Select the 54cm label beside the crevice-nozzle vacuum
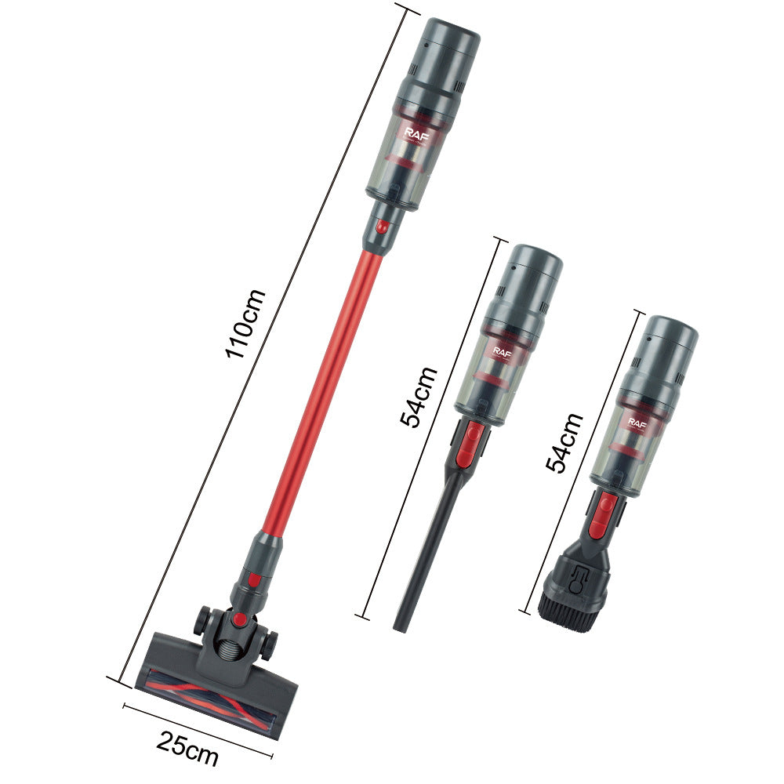pyautogui.click(x=418, y=396)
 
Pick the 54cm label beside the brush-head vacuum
pyautogui.click(x=564, y=443)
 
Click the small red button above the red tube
pyautogui.click(x=381, y=227)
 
